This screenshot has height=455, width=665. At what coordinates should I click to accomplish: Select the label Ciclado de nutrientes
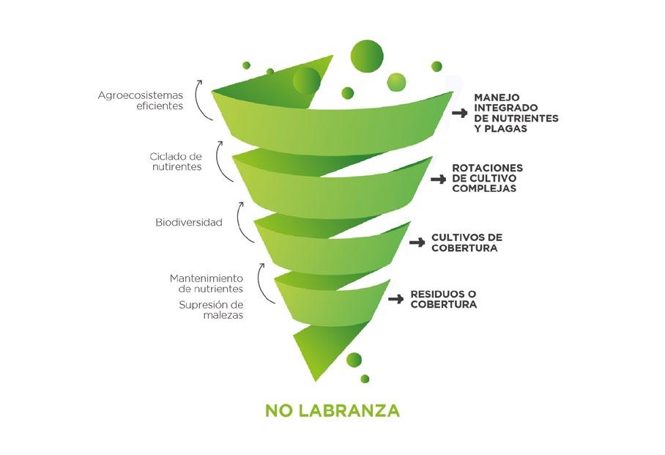pos(176,161)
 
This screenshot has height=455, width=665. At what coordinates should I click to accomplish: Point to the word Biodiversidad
pos(189,222)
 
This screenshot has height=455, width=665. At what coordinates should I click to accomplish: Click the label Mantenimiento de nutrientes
pos(207,284)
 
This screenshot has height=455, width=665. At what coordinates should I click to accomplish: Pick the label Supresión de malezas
pos(212,309)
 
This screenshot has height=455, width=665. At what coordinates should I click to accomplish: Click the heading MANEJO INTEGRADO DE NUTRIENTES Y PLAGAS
pos(516,113)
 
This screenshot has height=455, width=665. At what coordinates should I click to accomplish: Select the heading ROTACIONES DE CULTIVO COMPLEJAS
pos(487,178)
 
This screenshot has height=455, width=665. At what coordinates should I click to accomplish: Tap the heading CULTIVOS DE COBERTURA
pos(467,243)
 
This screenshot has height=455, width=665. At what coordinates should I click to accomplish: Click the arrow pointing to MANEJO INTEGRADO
pos(459,113)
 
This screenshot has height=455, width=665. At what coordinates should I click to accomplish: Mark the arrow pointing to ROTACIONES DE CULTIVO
pos(438,179)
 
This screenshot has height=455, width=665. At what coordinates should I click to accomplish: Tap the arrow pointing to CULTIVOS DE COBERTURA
pos(417,243)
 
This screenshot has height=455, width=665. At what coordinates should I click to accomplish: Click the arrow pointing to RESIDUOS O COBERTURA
pos(396,299)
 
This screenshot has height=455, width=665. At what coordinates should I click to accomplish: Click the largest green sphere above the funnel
pos(367,54)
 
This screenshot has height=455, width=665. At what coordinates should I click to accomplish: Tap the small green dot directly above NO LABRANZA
pos(365,378)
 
